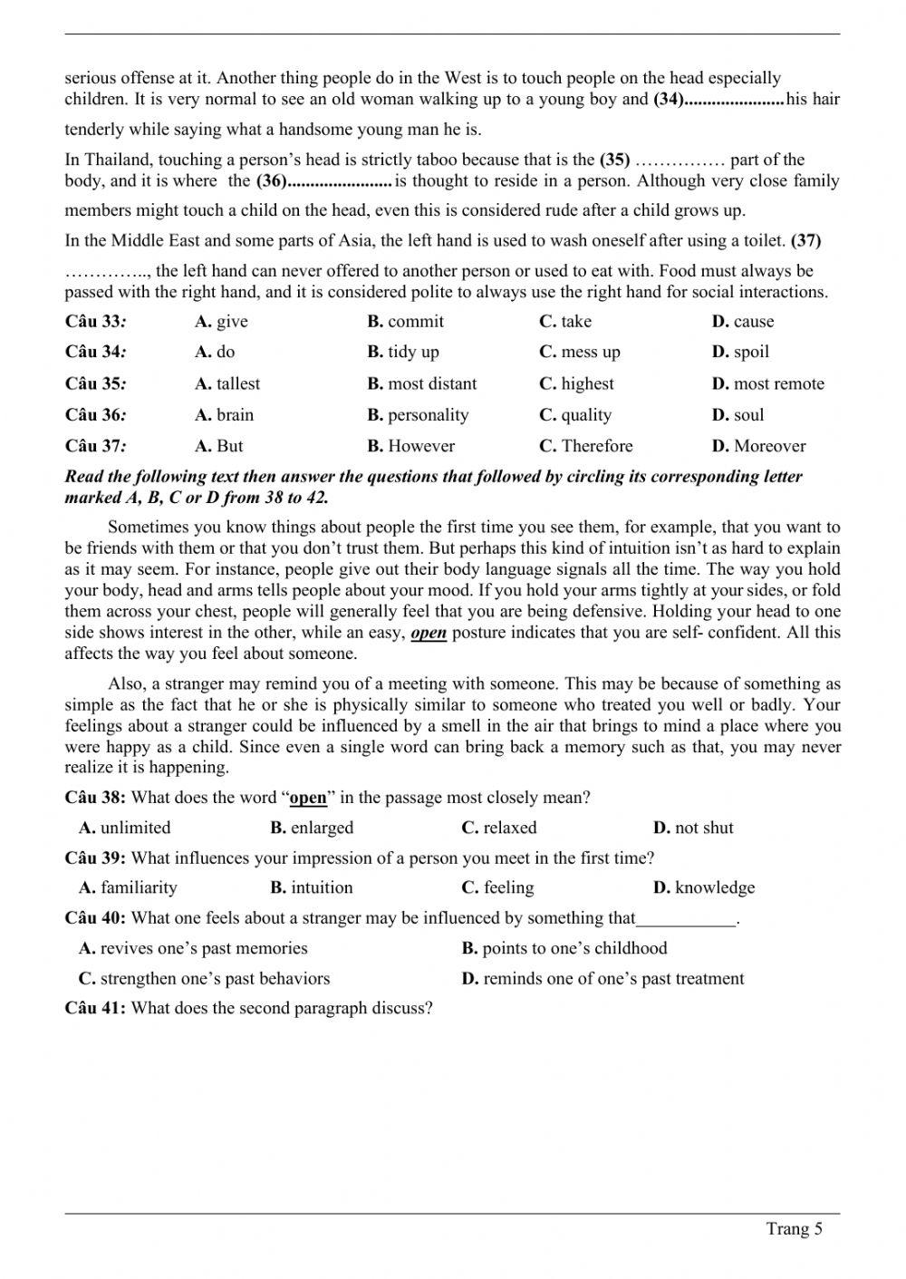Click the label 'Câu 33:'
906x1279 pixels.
pos(95,322)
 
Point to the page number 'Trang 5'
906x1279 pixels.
pos(795,1229)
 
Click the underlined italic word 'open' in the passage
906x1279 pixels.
pos(429,633)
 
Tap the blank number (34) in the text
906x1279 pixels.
pos(669,100)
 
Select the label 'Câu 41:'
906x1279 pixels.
pos(95,1008)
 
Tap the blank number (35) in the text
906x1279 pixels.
pos(614,160)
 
